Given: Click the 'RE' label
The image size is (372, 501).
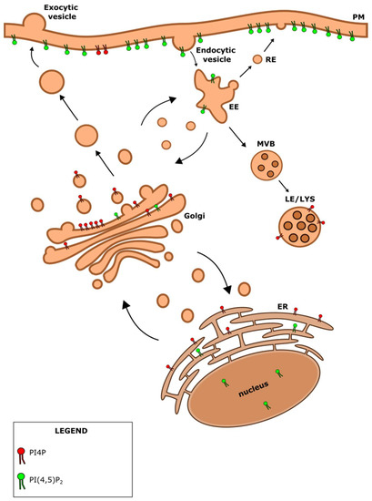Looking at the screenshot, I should (280, 60).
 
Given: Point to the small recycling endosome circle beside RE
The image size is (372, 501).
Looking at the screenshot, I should (258, 60).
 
